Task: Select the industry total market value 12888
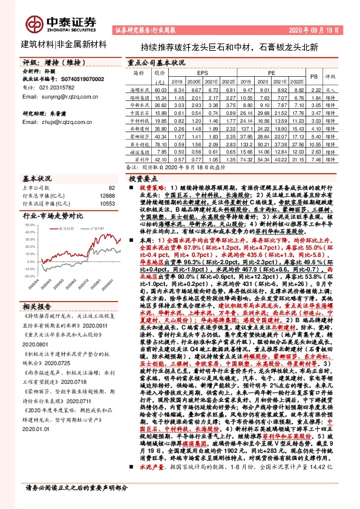pyautogui.click(x=106, y=196)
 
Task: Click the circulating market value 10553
pyautogui.click(x=106, y=203)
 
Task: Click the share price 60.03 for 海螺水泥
pyautogui.click(x=160, y=89)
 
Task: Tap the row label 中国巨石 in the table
pyautogui.click(x=140, y=112)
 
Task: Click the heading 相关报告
pyautogui.click(x=38, y=306)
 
